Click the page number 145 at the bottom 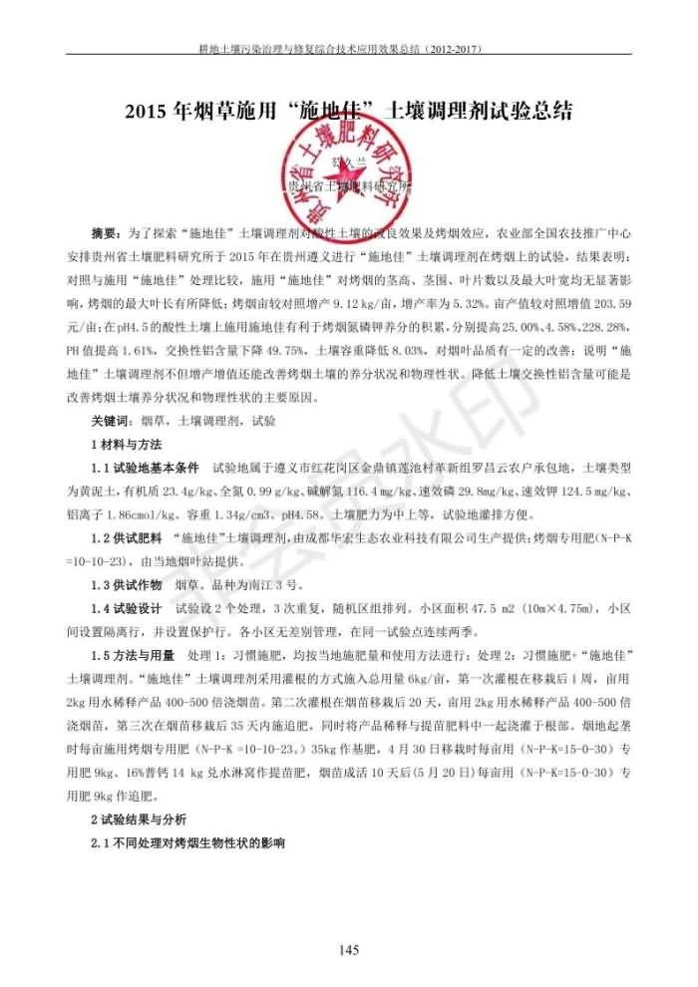coord(348,949)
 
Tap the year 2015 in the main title coord(148,111)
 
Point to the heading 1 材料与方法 coord(127,444)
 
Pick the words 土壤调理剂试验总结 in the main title coord(479,111)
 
